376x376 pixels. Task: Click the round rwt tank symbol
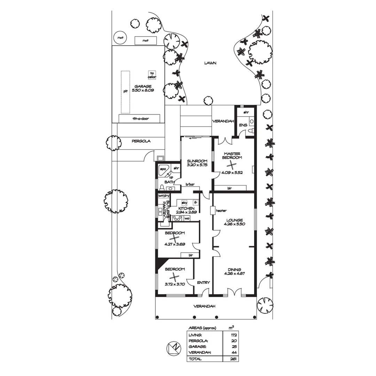click(120, 38)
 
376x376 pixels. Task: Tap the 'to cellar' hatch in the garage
click(152, 75)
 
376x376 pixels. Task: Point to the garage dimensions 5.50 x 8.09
click(143, 90)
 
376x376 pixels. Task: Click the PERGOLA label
click(141, 141)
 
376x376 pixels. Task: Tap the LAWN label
click(211, 63)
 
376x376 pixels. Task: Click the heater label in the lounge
click(221, 211)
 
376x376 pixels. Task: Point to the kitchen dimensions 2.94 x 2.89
click(187, 212)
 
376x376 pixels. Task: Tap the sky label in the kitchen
click(184, 202)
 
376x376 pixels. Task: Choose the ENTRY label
click(203, 282)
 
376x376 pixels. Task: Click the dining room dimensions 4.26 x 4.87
click(234, 274)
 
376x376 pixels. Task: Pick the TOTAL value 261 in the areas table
click(234, 359)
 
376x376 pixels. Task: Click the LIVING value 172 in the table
click(234, 335)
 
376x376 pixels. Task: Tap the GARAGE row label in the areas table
click(197, 347)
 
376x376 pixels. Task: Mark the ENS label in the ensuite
click(242, 125)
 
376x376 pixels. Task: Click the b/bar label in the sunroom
click(190, 184)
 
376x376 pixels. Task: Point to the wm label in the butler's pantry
click(161, 196)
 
